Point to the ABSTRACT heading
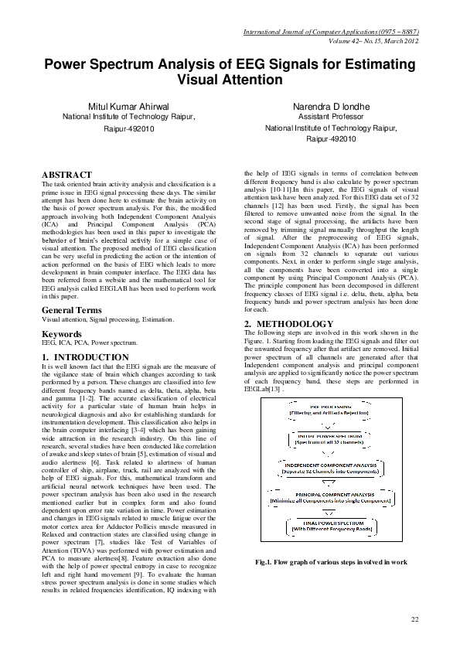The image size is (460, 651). click(66, 175)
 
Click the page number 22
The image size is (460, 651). click(414, 619)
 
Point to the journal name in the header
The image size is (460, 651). click(331, 32)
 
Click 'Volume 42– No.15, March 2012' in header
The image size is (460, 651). click(373, 41)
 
